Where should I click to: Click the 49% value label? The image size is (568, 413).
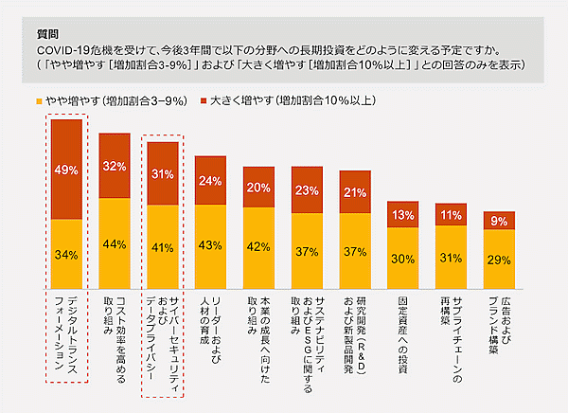coord(66,171)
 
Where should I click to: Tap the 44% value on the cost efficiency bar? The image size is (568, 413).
coord(115,243)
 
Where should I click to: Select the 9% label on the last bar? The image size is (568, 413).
coord(500,221)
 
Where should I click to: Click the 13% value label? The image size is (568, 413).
coord(403,215)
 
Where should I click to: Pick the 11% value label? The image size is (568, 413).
coord(452,216)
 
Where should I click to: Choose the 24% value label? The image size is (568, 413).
coord(210,182)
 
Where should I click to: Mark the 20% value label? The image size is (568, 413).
coord(258,188)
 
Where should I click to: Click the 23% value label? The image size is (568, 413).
coord(307,189)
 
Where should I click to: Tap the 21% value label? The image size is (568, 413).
coord(355,192)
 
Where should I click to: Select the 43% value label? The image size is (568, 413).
coord(210,245)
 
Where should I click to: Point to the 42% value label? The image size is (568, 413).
coord(258,247)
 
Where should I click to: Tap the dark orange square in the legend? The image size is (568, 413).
coord(202,99)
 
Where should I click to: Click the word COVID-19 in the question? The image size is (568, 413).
coord(62,48)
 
